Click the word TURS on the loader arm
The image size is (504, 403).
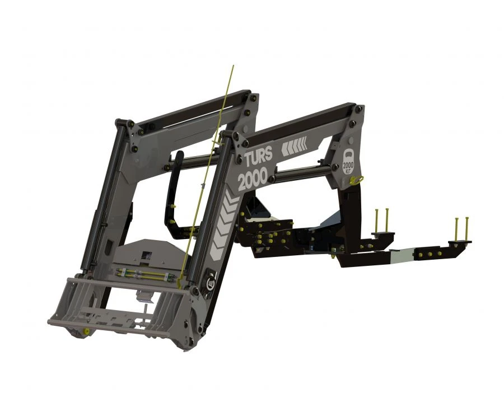258,158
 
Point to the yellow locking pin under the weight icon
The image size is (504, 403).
362,180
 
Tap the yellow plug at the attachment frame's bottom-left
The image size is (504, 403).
86,331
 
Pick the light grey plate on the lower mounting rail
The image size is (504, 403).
402,256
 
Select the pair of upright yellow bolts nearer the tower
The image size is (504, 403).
381,221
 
